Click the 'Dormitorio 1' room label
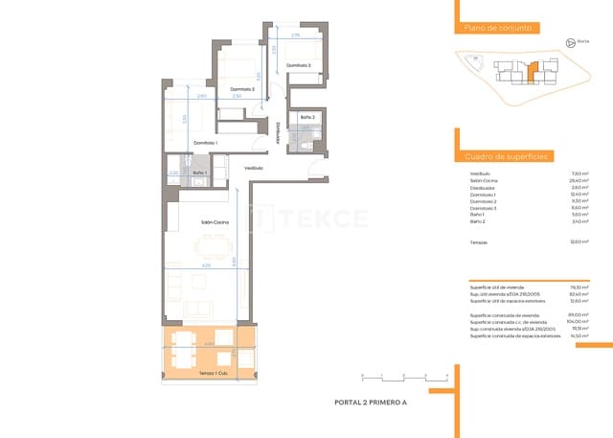[205, 143]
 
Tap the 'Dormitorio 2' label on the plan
[227, 88]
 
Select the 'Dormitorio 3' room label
[298, 65]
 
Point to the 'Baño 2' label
[306, 117]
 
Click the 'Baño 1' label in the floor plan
[200, 173]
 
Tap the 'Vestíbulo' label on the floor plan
[253, 168]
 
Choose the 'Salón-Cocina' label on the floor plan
[212, 221]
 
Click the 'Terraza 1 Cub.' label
[212, 372]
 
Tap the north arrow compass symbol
[571, 42]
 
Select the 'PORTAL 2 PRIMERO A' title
[371, 402]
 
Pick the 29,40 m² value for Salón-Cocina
[578, 179]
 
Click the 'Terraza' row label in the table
[479, 242]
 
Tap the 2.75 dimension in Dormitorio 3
[296, 35]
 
